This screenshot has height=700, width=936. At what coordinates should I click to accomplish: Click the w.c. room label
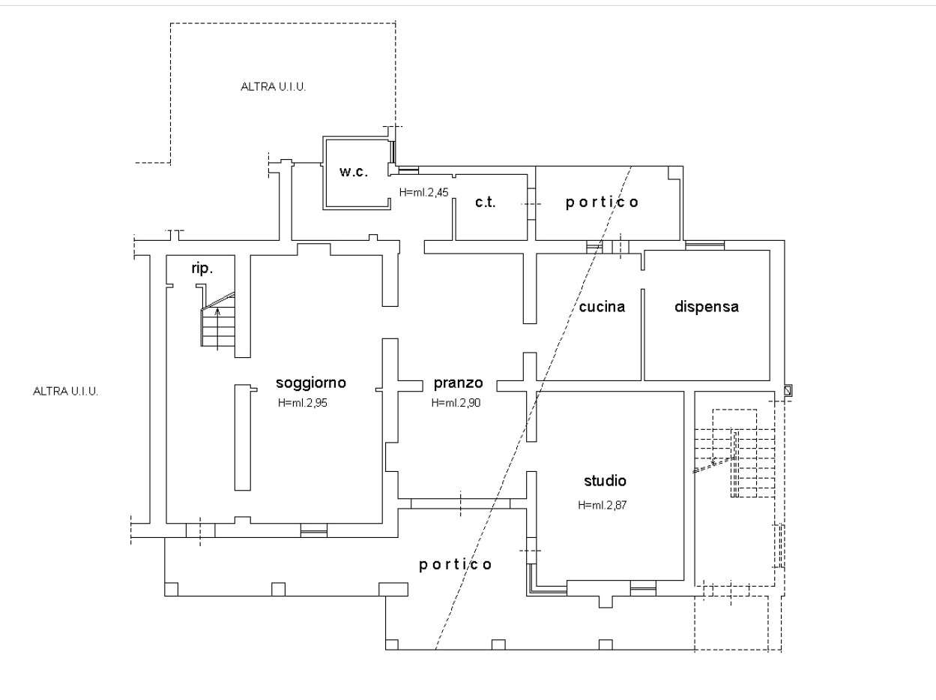point(354,172)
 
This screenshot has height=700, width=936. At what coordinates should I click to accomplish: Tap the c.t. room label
point(486,202)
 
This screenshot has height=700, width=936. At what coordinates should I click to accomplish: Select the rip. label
point(202,269)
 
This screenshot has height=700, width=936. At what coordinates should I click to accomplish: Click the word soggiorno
point(311,383)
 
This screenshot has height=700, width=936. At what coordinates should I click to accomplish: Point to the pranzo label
point(458,383)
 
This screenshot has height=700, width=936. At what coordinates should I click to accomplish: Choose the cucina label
point(602,306)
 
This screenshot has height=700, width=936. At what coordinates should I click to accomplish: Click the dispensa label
point(707,306)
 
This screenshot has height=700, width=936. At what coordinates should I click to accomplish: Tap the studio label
point(605,481)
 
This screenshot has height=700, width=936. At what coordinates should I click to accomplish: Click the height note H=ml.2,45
point(423,193)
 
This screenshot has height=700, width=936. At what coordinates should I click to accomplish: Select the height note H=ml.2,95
point(302,403)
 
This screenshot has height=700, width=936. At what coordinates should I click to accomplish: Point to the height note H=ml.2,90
point(456,403)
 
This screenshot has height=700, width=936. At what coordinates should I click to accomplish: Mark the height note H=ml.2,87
point(602,506)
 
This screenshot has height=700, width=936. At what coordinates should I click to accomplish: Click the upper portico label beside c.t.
point(602,202)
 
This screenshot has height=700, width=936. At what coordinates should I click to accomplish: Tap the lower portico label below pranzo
point(456,565)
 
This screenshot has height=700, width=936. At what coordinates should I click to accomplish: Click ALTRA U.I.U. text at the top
point(274,87)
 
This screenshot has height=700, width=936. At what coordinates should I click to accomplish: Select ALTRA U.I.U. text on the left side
point(66,392)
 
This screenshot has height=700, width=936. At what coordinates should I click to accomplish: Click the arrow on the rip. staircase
point(218,329)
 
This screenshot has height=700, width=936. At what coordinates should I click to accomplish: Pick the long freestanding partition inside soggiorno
point(243,437)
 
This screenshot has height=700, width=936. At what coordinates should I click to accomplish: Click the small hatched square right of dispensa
point(788,390)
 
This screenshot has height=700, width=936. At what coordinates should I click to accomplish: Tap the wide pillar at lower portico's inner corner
point(393,590)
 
